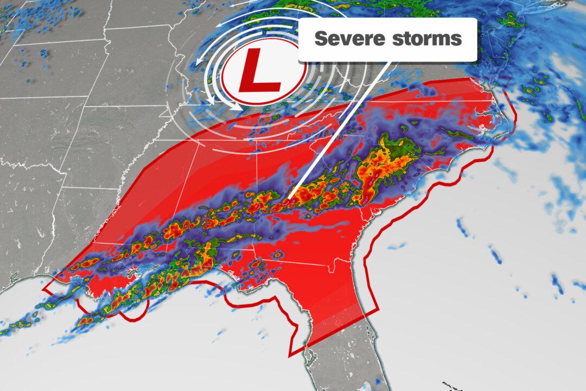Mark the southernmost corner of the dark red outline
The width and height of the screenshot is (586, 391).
289,355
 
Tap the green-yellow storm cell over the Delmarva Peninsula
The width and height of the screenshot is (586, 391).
510,22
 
